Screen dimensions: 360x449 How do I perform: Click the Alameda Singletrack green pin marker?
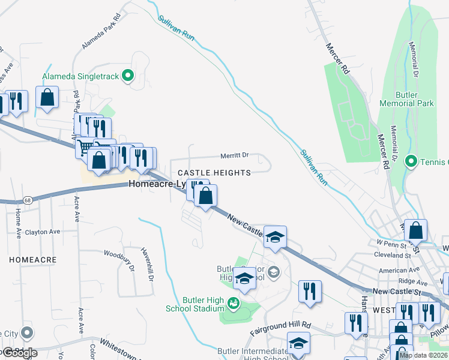coord(127,76)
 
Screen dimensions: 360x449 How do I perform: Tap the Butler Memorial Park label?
coord(406,99)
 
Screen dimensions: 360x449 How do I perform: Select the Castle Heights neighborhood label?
coord(214,173)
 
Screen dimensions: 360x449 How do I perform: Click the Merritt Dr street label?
coord(235,155)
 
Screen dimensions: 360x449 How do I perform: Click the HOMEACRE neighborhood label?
coord(32,260)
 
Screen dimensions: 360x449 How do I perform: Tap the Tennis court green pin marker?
coord(411,161)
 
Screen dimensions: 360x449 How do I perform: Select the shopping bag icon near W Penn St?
coord(415,230)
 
